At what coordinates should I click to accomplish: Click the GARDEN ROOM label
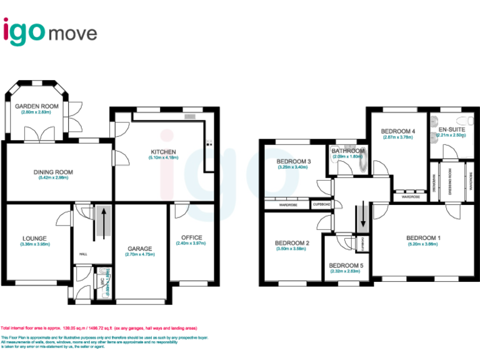click(x=37, y=106)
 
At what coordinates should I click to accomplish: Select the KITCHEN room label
click(x=162, y=152)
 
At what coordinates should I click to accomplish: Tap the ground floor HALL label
click(x=83, y=254)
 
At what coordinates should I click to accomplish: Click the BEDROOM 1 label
click(x=424, y=237)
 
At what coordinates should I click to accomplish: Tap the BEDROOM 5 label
click(x=346, y=265)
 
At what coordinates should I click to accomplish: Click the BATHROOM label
click(x=348, y=151)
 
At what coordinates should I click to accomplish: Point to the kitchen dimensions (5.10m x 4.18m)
click(x=162, y=157)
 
